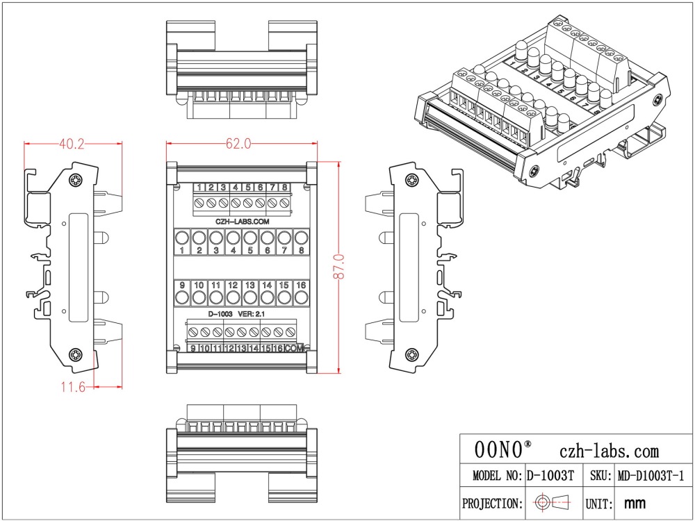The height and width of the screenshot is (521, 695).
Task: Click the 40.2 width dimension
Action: click(72, 144)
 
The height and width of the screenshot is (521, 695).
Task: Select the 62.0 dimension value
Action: click(238, 144)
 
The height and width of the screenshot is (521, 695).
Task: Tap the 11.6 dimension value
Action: click(72, 387)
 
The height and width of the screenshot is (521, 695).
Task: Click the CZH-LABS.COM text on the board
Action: click(241, 220)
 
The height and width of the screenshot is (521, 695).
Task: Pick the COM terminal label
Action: click(295, 348)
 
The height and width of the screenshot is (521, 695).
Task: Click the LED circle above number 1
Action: click(181, 237)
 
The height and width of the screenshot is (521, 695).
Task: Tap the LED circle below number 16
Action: click(301, 298)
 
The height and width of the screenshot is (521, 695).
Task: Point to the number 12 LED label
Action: click(233, 286)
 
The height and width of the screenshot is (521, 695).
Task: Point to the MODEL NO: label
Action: click(496, 477)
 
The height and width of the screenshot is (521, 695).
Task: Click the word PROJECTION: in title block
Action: click(492, 502)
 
